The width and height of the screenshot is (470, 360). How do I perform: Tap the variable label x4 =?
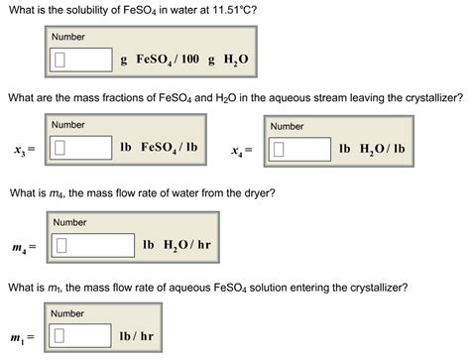241,151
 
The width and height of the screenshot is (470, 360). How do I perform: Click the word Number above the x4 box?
287,126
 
